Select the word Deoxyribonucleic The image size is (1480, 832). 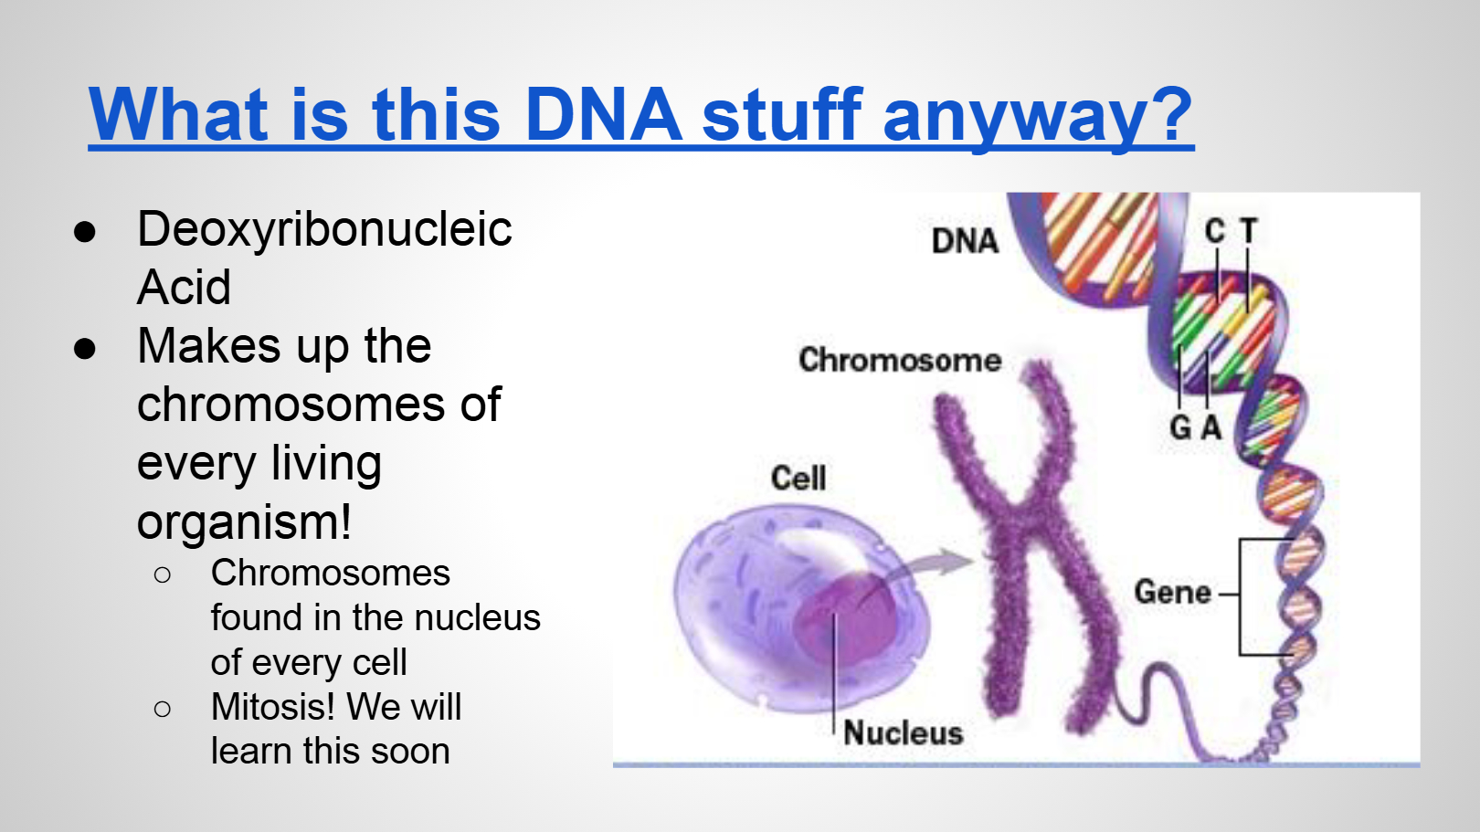(324, 229)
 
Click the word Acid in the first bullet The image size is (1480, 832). (184, 288)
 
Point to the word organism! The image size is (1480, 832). (244, 521)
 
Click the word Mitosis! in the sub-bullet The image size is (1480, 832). (273, 707)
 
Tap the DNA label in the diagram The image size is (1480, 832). (965, 241)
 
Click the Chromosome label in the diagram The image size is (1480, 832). (900, 360)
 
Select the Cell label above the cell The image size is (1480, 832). (798, 478)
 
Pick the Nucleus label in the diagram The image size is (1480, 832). (904, 733)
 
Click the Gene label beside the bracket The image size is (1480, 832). (1173, 592)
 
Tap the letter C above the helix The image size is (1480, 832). (1215, 231)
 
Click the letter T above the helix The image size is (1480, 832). (1248, 231)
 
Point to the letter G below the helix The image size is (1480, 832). (1180, 427)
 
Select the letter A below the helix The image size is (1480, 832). (1211, 427)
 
